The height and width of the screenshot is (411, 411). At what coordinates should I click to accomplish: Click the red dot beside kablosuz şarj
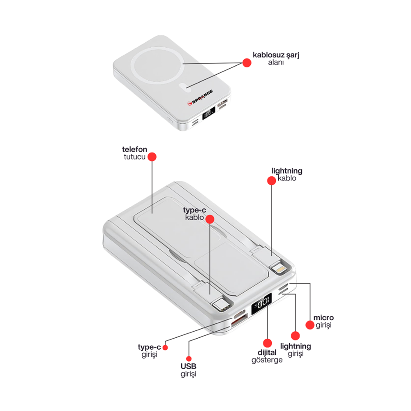click(247, 62)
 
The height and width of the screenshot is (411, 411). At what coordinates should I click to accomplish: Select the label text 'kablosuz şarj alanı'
click(276, 59)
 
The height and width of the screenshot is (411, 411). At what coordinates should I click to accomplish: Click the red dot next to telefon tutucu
click(152, 157)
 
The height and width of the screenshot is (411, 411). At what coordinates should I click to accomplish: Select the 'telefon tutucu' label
click(134, 153)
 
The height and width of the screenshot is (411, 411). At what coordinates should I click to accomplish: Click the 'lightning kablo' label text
click(287, 174)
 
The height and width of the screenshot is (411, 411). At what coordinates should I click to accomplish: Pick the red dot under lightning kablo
click(271, 180)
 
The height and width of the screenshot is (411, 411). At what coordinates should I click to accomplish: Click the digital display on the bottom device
click(262, 305)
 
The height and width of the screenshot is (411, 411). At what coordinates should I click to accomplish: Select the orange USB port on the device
click(238, 321)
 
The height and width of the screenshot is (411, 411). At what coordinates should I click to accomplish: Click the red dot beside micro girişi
click(309, 325)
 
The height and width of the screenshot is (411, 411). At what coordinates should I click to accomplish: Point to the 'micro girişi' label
click(323, 321)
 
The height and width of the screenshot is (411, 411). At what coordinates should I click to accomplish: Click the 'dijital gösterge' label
click(267, 356)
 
